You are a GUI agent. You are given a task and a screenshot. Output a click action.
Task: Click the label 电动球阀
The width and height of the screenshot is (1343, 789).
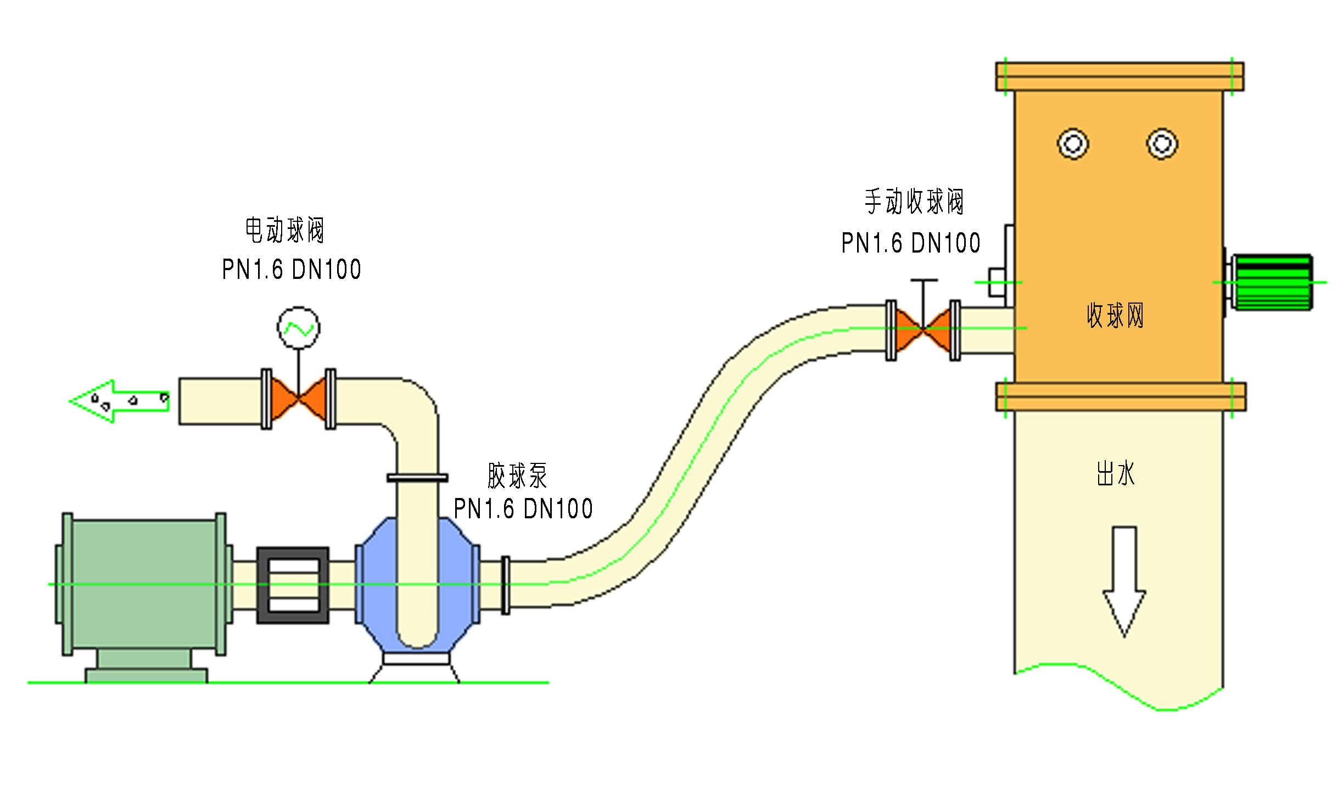(x=284, y=230)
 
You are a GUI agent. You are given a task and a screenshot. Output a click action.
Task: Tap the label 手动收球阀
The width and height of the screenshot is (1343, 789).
(x=914, y=202)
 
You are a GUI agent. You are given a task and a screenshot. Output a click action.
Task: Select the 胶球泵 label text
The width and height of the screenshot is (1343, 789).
(x=517, y=475)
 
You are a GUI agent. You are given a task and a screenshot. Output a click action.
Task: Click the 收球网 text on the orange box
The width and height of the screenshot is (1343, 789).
(x=1115, y=316)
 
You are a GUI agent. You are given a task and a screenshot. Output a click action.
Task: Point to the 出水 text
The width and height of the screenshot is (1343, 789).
(x=1115, y=473)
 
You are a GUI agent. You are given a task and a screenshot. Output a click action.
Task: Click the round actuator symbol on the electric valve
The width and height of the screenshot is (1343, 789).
(x=298, y=328)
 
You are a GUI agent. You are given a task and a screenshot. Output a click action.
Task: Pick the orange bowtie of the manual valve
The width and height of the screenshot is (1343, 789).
(x=924, y=329)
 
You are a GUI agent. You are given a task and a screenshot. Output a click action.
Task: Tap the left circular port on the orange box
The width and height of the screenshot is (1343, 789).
(x=1073, y=144)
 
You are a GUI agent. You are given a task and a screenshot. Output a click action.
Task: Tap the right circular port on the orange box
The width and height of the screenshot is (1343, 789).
(x=1162, y=144)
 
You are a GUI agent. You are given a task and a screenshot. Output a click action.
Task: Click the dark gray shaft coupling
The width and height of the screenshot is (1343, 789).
(x=293, y=585)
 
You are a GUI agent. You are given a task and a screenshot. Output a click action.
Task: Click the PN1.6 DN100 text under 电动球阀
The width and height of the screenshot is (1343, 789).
(x=292, y=270)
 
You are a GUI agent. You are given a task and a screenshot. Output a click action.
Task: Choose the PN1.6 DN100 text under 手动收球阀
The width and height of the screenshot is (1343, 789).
(x=911, y=243)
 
